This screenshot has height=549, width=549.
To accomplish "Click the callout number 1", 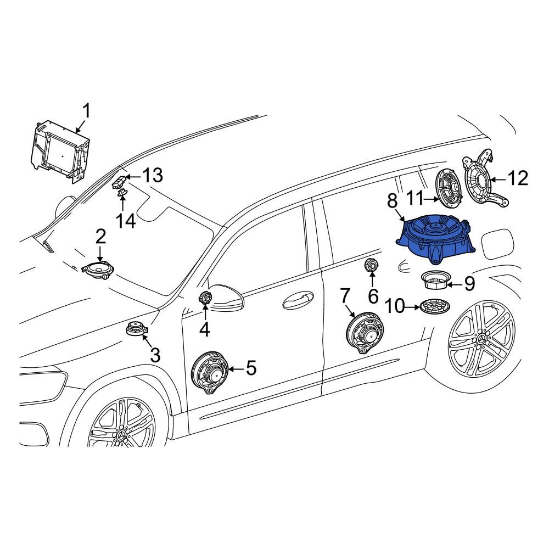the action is coord(86,111).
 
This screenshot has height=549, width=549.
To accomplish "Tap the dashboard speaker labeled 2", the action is coord(96,270).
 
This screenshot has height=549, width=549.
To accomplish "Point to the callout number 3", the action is coord(155,355).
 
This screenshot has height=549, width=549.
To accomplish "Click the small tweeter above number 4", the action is coord(204,298).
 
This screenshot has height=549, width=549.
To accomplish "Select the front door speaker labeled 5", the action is coord(209,372).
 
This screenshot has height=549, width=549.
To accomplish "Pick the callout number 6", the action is coord(373,296).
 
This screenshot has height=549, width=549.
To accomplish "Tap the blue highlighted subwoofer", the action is coord(435,239).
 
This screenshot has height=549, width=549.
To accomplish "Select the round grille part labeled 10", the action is coord(435,307).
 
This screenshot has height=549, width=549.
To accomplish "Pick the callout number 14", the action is coord(125,221).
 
